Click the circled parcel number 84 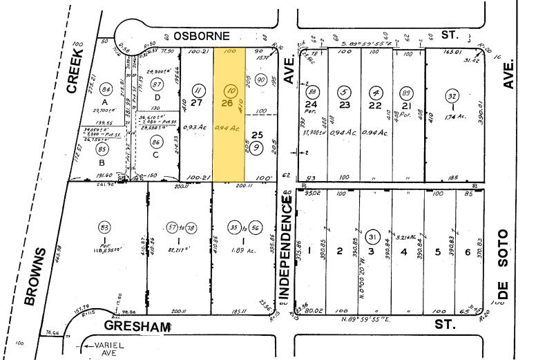coord(106,90)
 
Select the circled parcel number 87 coord(157,84)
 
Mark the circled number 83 coord(106,227)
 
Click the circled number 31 coord(374,236)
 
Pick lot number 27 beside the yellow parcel coord(196,104)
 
